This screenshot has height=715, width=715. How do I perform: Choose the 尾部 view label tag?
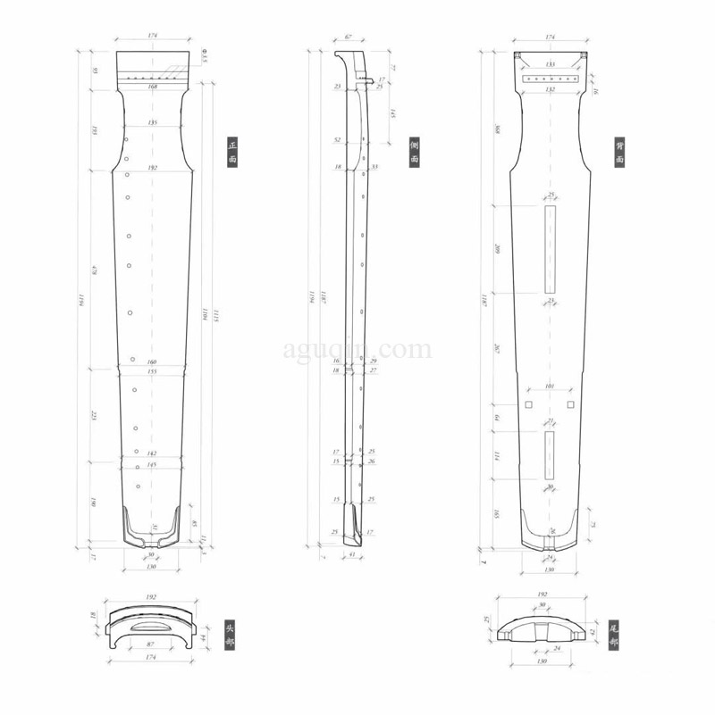(x=613, y=634)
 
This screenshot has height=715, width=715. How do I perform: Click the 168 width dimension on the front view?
(x=152, y=87)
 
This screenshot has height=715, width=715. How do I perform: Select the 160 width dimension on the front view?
(x=152, y=362)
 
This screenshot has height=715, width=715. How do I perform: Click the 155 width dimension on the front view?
(x=152, y=371)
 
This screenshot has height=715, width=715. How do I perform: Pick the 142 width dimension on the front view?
(x=152, y=454)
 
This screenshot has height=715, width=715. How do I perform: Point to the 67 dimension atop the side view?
(x=348, y=37)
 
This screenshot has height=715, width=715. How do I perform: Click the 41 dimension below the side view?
(x=351, y=554)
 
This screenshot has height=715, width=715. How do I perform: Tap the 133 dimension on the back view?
(x=550, y=64)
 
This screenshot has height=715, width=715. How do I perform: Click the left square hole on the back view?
(x=528, y=404)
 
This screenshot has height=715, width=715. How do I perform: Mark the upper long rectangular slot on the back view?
(x=550, y=248)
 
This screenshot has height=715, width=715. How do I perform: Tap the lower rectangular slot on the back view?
(x=550, y=455)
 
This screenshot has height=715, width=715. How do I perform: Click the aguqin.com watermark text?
(x=357, y=349)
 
